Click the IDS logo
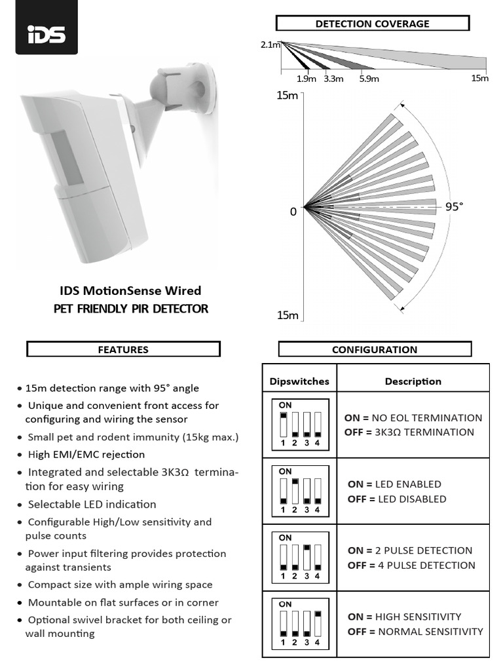[47, 33]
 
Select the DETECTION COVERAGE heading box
[373, 24]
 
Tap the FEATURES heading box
[123, 349]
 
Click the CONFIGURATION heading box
[375, 349]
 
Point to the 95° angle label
[454, 206]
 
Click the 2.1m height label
[270, 45]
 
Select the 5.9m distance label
[369, 79]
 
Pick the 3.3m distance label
[333, 79]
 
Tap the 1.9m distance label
[306, 79]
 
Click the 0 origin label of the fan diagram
[293, 211]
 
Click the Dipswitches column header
[299, 381]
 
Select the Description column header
[413, 381]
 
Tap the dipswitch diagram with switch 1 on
[299, 424]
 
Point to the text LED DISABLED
[415, 499]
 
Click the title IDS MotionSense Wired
[130, 290]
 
